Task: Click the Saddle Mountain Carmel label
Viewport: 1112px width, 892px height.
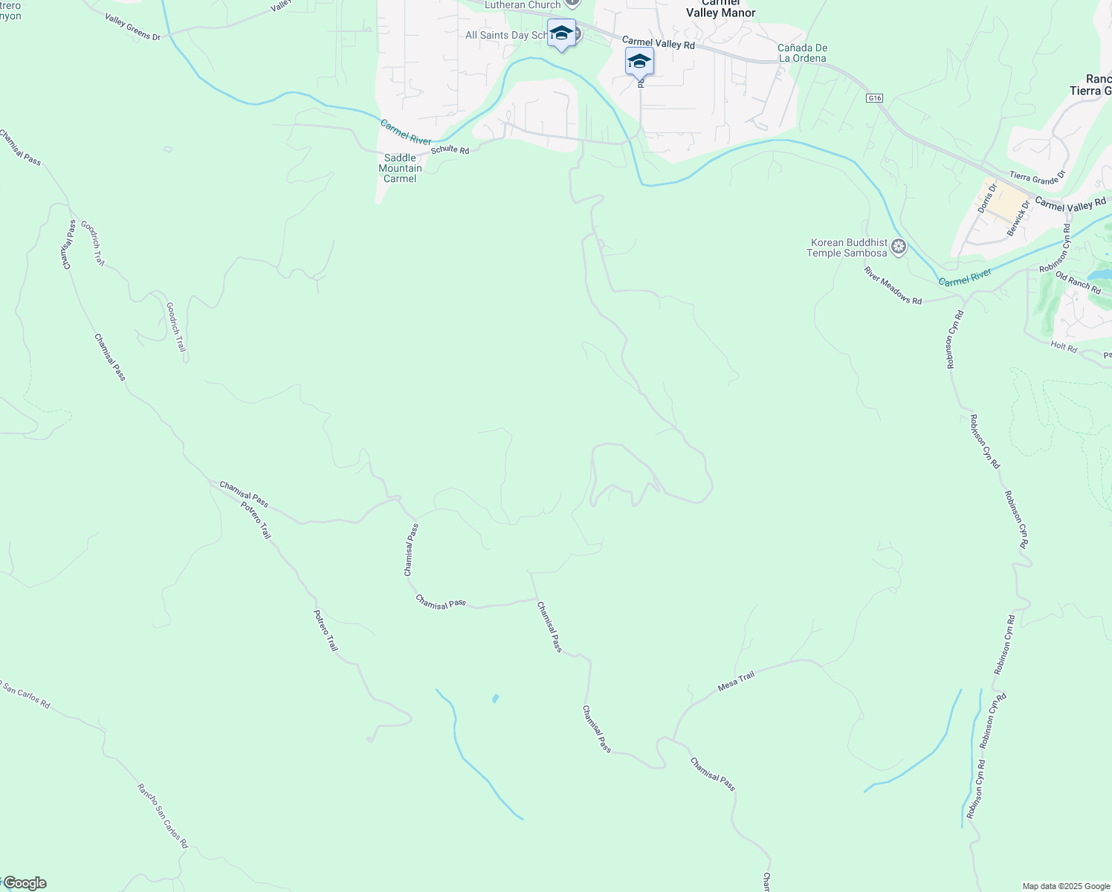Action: (400, 168)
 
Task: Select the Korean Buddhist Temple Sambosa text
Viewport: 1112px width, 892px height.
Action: (847, 248)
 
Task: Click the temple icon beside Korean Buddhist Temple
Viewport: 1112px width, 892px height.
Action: (899, 246)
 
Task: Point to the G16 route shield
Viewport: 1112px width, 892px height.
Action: (874, 98)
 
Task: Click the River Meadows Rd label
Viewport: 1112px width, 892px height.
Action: (893, 285)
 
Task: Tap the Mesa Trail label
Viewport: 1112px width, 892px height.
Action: (736, 682)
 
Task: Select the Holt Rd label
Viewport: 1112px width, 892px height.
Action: (1064, 346)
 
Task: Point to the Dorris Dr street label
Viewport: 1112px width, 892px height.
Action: (986, 198)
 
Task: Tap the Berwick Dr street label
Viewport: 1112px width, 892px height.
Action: (1018, 219)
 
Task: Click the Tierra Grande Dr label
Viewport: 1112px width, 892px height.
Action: (1038, 177)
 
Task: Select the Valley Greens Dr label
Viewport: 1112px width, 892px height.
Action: (132, 27)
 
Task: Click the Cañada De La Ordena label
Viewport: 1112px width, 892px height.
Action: (802, 53)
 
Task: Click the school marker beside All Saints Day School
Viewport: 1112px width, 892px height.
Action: (561, 33)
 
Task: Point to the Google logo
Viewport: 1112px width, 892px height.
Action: (24, 883)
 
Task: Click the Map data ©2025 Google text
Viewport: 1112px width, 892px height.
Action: (1066, 886)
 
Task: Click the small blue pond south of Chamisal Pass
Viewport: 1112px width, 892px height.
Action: (495, 699)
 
